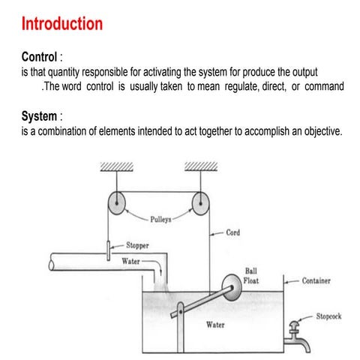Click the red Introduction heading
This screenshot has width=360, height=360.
click(x=62, y=23)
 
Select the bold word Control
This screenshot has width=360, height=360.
click(x=40, y=57)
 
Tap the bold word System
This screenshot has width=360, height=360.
click(x=39, y=116)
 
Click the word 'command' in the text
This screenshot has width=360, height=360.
click(x=323, y=86)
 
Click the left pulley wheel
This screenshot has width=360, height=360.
click(x=115, y=203)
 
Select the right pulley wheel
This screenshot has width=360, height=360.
click(x=200, y=203)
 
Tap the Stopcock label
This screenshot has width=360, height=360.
click(x=328, y=316)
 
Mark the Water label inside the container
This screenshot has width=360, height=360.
click(x=217, y=325)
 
